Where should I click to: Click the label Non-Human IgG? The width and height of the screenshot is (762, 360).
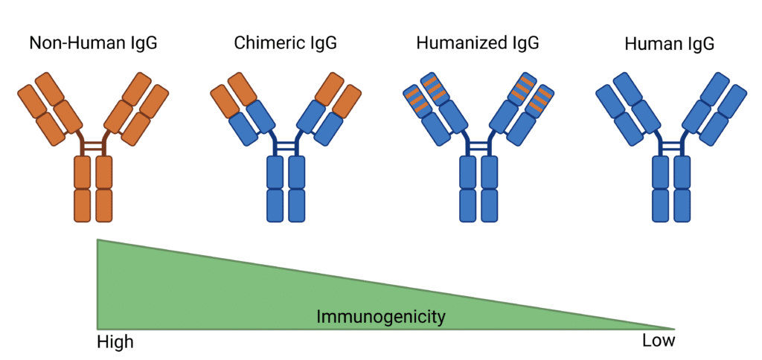point(93,43)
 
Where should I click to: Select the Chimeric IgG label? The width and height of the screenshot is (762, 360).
point(285,43)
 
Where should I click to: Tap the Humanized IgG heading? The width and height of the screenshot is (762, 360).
point(478,43)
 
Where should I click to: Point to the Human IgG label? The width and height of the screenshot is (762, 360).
point(670,44)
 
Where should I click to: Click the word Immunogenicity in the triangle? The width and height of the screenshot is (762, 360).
point(381,318)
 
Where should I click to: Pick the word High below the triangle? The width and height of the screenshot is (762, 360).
point(115,342)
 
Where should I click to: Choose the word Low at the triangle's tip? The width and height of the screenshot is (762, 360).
point(659,341)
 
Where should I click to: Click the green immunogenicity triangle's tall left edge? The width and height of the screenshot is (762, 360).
point(97,283)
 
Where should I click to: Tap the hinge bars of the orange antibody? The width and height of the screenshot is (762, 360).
point(93,145)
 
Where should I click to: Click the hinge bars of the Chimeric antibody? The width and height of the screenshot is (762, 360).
point(286,145)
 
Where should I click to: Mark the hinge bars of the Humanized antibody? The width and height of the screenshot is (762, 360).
point(478,145)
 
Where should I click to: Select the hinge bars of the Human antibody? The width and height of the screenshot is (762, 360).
point(670,145)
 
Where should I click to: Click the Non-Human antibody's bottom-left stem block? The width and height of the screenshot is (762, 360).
point(82,205)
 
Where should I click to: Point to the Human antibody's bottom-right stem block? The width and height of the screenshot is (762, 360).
point(682,205)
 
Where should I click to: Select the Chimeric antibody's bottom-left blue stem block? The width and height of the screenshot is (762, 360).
point(275,205)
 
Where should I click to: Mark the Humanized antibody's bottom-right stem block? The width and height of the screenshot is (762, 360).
point(490,205)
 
